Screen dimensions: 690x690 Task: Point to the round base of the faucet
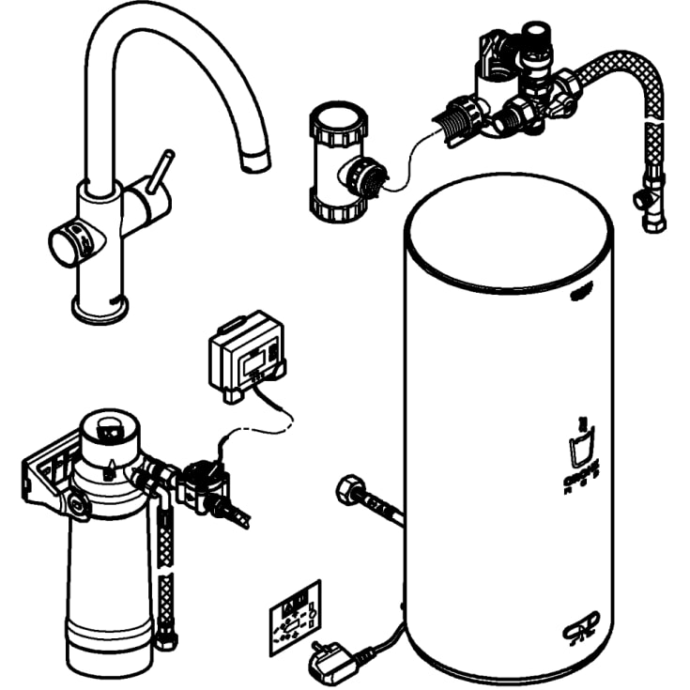point(100,309)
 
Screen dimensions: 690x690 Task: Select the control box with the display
point(247,354)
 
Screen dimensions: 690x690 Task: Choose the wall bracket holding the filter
point(52,474)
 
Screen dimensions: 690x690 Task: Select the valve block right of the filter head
point(201,485)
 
